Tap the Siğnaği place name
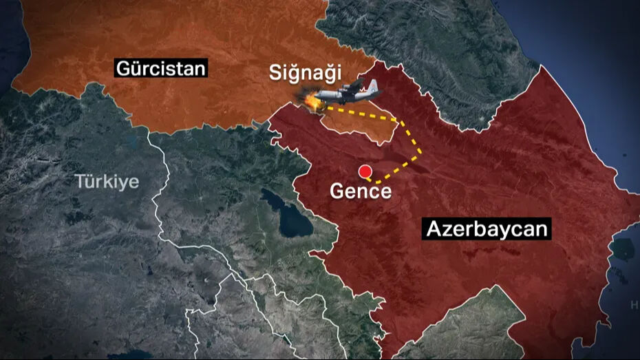tap(306, 73)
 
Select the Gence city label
tap(361, 191)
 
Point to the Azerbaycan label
tap(488, 229)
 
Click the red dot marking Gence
tap(365, 171)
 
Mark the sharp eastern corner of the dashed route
tap(421, 153)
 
